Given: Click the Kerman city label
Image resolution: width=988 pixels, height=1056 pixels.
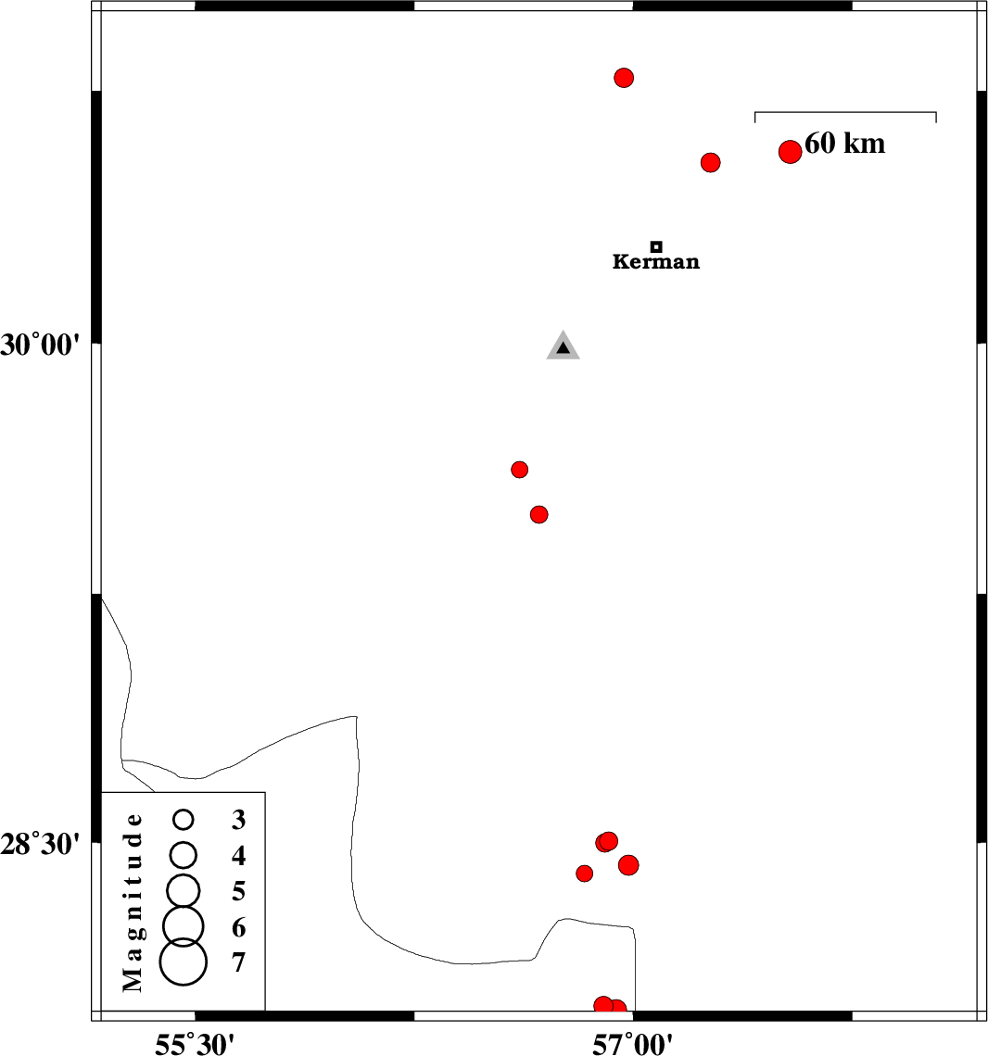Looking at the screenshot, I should click(x=656, y=262).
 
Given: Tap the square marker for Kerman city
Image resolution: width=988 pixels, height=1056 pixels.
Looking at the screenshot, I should click(x=656, y=246).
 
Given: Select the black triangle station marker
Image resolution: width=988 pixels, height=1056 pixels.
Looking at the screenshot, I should click(x=563, y=346).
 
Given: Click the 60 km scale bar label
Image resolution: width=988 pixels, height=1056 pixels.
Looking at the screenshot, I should click(x=845, y=144).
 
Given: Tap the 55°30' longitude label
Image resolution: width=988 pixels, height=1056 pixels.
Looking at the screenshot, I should click(x=195, y=1044).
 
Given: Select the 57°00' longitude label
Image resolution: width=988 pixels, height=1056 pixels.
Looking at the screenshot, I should click(x=634, y=1044).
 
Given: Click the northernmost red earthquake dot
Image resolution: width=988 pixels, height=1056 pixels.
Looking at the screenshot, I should click(x=624, y=78).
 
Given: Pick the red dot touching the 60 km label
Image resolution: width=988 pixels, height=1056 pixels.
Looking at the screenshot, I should click(x=790, y=152).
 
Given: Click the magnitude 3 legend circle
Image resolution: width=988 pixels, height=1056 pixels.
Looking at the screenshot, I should click(x=184, y=819).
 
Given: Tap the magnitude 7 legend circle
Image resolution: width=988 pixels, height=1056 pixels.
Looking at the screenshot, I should click(x=184, y=962).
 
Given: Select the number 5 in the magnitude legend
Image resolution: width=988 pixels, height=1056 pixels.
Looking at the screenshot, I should click(x=239, y=891).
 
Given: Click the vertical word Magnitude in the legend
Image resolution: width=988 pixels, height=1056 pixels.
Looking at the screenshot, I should click(x=134, y=901).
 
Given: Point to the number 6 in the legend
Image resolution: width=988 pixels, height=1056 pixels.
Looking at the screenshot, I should click(x=239, y=927).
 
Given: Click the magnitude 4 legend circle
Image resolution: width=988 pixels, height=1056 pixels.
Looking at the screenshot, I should click(x=184, y=853).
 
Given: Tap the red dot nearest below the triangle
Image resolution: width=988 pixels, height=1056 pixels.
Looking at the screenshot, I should click(x=520, y=470).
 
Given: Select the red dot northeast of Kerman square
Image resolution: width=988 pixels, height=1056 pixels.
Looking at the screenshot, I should click(x=711, y=163).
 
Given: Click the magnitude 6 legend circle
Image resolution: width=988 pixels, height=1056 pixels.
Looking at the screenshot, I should click(x=184, y=924).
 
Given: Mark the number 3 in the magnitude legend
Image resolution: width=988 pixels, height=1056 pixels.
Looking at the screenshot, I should click(x=239, y=820).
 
